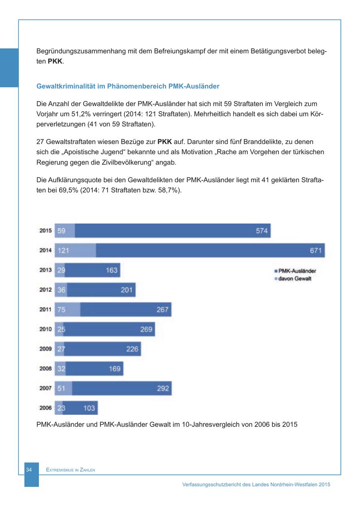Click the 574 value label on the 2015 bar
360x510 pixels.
point(262,231)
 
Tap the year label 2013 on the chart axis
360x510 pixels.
point(45,270)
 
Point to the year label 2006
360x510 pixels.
point(45,408)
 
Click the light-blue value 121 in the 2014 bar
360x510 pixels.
point(63,251)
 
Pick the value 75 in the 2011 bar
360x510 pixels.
point(61,309)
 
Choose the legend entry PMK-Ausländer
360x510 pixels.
point(297,271)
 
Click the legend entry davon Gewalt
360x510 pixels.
point(294,279)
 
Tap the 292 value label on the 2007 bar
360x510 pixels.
point(163,388)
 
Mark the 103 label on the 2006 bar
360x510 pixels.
point(89,408)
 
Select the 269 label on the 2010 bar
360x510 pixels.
point(146,329)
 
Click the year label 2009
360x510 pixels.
point(45,349)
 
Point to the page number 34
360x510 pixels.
point(29,470)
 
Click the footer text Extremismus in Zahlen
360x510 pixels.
point(70,470)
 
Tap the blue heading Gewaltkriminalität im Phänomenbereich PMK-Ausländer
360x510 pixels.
point(128,86)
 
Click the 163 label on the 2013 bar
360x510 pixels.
point(112,270)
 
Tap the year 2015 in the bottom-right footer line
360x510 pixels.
point(324,484)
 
